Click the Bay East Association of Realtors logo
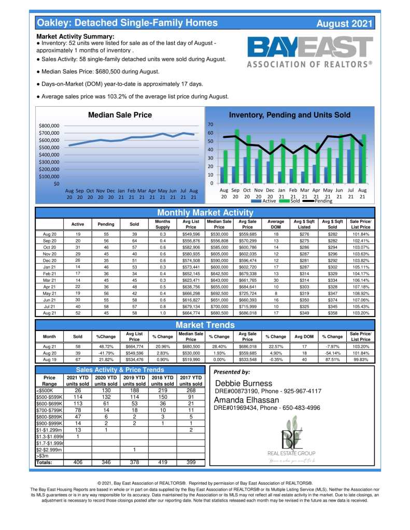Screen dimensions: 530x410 tap(309, 52)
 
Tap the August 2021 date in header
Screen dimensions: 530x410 tap(344, 24)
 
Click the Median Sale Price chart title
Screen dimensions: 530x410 tap(120, 115)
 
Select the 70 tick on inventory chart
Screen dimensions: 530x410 tap(210, 125)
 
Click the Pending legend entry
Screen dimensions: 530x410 tap(323, 200)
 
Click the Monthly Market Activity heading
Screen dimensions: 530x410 tap(204, 213)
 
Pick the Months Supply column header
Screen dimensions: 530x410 tap(163, 224)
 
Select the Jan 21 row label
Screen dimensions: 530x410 tap(50, 266)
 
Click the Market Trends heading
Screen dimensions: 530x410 tap(204, 325)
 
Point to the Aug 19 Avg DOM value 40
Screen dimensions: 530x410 tap(305, 359)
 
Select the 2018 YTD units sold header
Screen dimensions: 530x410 tap(163, 380)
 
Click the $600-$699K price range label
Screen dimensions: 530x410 tap(49, 404)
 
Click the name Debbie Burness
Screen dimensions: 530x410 tap(243, 383)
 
